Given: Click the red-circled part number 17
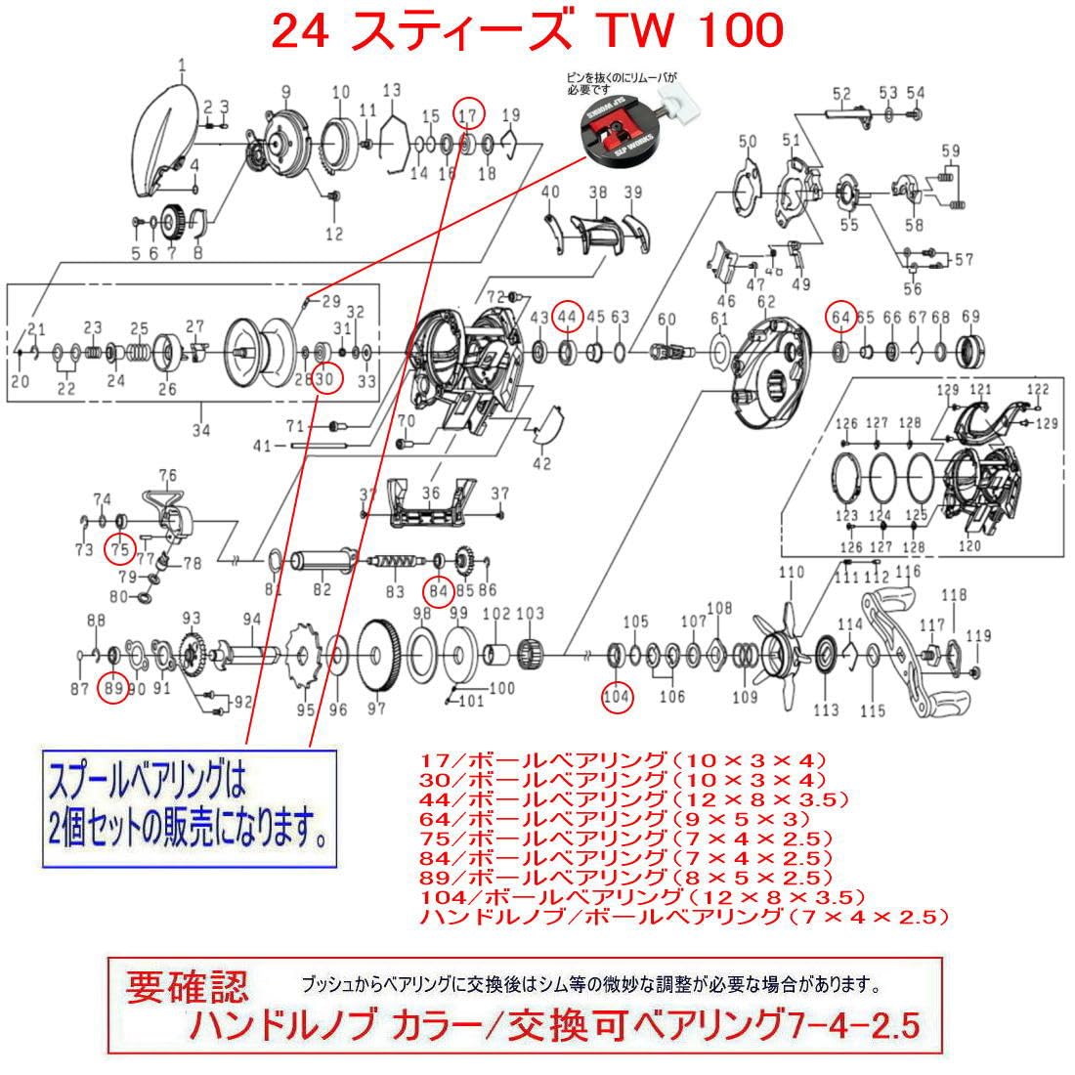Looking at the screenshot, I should coord(470,114).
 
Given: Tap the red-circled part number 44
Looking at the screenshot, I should coord(567,317).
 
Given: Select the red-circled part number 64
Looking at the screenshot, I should coord(839,317).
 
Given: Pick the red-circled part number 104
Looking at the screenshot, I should coord(617,696).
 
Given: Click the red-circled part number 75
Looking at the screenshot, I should coord(119,549).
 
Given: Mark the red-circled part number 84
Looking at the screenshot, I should coord(438,590).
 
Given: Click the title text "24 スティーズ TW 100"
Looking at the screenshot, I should coord(527,32).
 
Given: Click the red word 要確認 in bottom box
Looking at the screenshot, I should coord(187,988).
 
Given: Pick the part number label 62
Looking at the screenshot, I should coord(765,302).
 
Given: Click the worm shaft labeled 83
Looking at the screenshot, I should coord(396,566).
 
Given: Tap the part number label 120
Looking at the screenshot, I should coord(969,546).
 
